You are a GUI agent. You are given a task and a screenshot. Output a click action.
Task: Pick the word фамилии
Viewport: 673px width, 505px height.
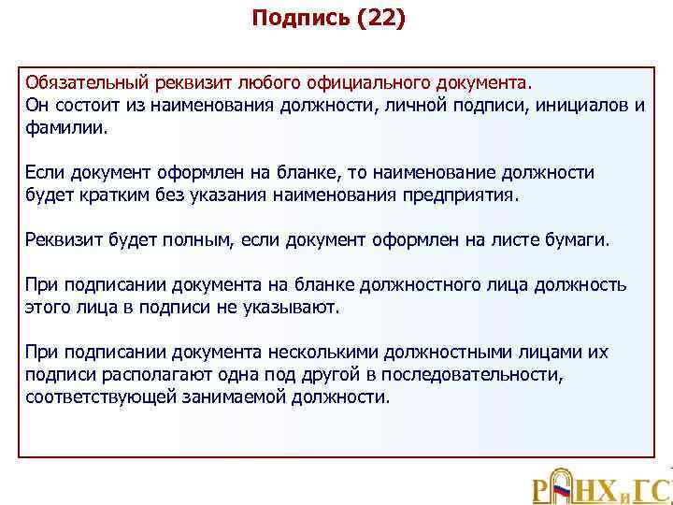(x=66, y=126)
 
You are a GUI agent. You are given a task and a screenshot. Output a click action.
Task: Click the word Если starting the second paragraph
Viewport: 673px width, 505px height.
(x=45, y=173)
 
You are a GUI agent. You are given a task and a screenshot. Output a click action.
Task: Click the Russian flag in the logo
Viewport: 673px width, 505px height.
(x=563, y=488)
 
